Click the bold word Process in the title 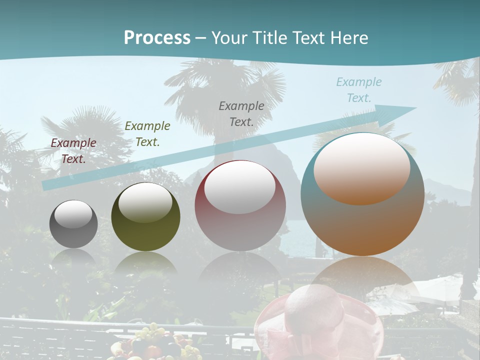[x=157, y=38]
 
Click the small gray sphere [x=73, y=224]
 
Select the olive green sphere [x=145, y=217]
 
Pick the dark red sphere [x=240, y=205]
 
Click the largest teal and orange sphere [x=362, y=194]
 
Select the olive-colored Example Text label [x=147, y=134]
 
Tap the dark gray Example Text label [x=241, y=113]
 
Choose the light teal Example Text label [x=359, y=90]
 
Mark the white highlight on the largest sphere [x=361, y=169]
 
